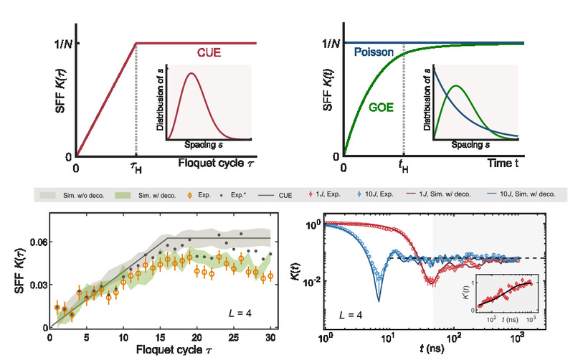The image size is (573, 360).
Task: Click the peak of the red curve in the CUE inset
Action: [x=191, y=74]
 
